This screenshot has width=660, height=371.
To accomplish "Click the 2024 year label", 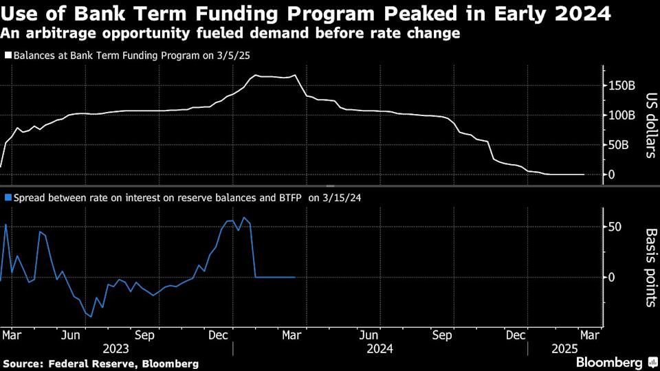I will tap(379, 349).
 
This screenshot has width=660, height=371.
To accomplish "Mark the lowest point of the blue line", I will tap(91, 317).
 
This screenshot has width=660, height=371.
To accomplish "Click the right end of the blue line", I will tap(295, 277).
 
